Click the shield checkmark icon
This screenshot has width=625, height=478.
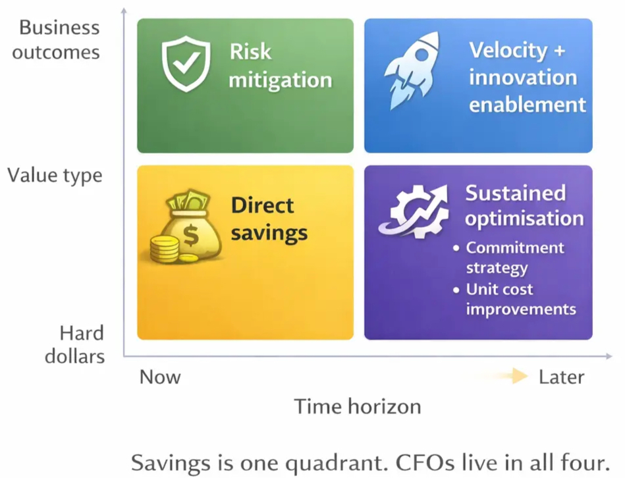186,64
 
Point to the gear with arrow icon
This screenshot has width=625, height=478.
414,211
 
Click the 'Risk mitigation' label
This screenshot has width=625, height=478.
280,66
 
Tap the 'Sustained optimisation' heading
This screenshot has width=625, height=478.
524,206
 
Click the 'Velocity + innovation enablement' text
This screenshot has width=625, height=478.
527,77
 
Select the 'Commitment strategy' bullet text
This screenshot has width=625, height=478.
514,257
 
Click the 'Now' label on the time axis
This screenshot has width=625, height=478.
160,377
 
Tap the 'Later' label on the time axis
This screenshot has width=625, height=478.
561,377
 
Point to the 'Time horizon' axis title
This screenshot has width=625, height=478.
358,407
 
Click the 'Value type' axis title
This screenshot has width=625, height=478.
55,176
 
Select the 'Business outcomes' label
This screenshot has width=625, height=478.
56,40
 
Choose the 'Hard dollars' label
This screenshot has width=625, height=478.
75,344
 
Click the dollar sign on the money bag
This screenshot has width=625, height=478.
191,236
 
